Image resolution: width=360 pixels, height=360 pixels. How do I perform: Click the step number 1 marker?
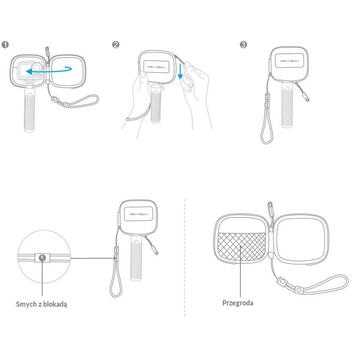pyautogui.click(x=5, y=45)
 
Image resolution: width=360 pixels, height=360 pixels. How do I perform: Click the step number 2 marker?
pyautogui.click(x=116, y=45)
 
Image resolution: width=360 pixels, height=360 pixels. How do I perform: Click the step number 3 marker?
pyautogui.click(x=244, y=45)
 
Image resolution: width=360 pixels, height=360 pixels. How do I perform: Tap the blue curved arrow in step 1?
pyautogui.click(x=49, y=70)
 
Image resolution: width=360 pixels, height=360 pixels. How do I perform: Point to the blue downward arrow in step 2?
pyautogui.click(x=180, y=71)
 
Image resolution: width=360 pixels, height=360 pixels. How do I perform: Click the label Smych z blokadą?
pyautogui.click(x=42, y=304)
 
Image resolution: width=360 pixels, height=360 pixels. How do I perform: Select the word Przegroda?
pyautogui.click(x=238, y=303)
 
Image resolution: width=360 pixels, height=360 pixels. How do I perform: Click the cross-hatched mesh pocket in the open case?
pyautogui.click(x=241, y=247)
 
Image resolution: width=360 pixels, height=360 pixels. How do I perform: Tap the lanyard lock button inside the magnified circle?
pyautogui.click(x=42, y=257)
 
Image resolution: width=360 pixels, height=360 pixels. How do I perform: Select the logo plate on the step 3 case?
pyautogui.click(x=289, y=63)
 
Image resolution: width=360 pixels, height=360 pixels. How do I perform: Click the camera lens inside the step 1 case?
pyautogui.click(x=37, y=68)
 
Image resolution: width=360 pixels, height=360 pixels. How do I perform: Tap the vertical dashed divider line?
pyautogui.click(x=185, y=257)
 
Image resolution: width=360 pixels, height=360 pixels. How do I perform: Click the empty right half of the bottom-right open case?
pyautogui.click(x=303, y=239)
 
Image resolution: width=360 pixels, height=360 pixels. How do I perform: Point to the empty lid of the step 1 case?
pyautogui.click(x=68, y=71)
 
